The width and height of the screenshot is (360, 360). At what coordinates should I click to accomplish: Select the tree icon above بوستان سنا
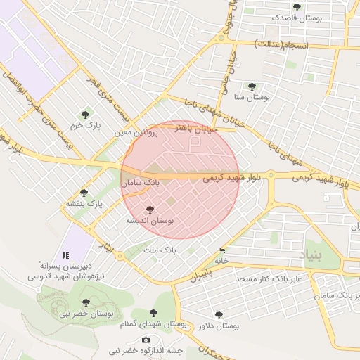pos(252,87)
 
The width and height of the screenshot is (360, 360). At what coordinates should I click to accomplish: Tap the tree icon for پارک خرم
pos(86,114)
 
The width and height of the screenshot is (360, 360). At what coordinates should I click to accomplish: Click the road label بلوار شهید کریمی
pos(231,179)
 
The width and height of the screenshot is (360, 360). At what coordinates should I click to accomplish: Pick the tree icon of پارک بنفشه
pos(84,193)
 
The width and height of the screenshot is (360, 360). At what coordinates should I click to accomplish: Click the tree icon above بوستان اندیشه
pos(149,209)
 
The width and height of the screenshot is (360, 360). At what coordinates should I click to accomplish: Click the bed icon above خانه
pos(222,250)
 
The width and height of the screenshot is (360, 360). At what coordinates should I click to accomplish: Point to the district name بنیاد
pos(314,255)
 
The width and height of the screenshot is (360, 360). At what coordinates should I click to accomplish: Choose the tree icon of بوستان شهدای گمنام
pos(154,313)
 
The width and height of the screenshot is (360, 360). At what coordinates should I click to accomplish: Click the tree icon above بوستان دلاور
pos(219,315)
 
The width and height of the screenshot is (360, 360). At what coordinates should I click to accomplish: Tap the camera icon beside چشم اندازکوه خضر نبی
pos(146,340)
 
